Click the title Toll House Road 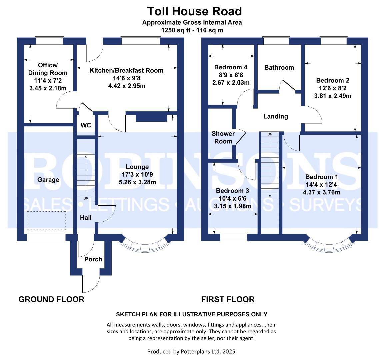click(x=194, y=11)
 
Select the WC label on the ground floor click(x=86, y=125)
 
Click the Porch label click(x=93, y=259)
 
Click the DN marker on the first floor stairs click(x=270, y=134)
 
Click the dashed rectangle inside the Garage click(x=46, y=220)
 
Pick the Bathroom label click(x=279, y=67)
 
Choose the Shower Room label click(x=223, y=137)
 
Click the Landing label click(x=275, y=116)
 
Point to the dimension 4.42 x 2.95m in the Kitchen click(x=126, y=86)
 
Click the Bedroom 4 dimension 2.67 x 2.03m click(x=231, y=83)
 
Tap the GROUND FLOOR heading click(x=51, y=299)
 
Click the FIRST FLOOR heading click(x=228, y=299)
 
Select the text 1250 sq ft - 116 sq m click(x=192, y=30)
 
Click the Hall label click(x=86, y=218)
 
